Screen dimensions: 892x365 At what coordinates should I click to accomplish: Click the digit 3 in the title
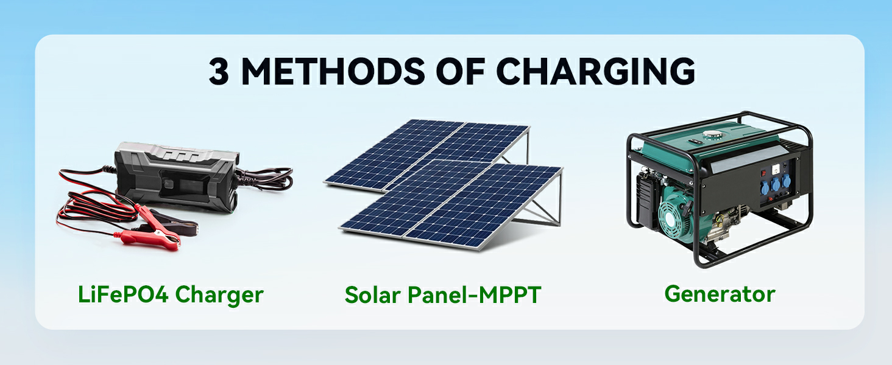(x=219, y=72)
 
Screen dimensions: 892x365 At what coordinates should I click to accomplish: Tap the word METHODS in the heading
(x=333, y=72)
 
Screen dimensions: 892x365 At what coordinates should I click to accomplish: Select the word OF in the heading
(x=461, y=72)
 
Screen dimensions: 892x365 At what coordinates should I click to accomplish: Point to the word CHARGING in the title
(x=596, y=72)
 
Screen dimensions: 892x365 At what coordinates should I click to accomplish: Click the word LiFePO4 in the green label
(x=123, y=294)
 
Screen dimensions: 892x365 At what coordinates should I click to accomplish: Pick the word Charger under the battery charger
(x=219, y=296)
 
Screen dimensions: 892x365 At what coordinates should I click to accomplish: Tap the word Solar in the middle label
(x=373, y=295)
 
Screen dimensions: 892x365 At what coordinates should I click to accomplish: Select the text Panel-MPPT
(x=474, y=295)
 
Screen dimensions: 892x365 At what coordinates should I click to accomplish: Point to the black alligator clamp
(x=175, y=223)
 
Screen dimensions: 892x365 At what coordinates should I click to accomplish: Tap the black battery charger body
(x=177, y=177)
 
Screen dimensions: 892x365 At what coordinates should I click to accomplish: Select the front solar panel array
(x=450, y=205)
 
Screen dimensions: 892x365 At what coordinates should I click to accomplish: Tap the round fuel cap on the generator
(x=713, y=134)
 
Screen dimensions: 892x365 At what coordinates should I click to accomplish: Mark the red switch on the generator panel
(x=763, y=173)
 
